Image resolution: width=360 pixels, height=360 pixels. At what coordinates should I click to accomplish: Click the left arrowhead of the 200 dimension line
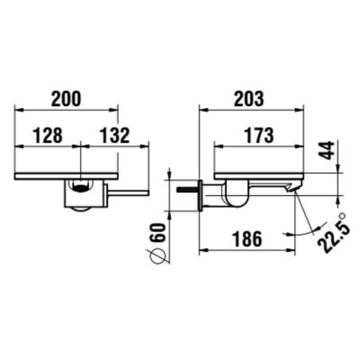pyautogui.click(x=20, y=110)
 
